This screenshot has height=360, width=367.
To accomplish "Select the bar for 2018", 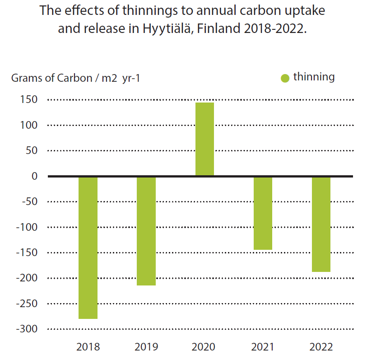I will coord(88,248).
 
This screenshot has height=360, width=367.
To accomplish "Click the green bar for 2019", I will coord(146,231).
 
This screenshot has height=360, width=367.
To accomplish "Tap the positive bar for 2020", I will coord(204,139).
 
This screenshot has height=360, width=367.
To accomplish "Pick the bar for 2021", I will coord(263,213).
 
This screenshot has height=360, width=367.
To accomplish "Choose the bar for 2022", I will coord(321,224).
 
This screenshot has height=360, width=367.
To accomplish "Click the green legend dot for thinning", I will coord(285,78).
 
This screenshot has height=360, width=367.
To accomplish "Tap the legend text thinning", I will coord(314,77).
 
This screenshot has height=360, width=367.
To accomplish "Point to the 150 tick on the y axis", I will coord(29,100).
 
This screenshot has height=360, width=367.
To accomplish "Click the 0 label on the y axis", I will coord(34,176).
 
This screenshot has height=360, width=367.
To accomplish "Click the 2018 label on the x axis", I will coord(88,347).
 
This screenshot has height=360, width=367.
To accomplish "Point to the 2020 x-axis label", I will coord(204,347).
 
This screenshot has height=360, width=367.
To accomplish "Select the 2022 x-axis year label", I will coord(321,347).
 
